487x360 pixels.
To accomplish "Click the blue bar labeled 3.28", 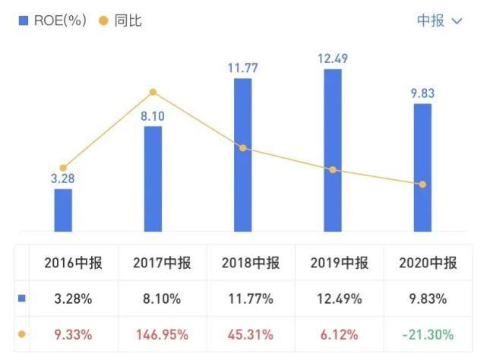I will pyautogui.click(x=63, y=210).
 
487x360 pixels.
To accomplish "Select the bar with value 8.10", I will pyautogui.click(x=153, y=178).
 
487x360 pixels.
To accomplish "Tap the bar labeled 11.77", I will pyautogui.click(x=242, y=154).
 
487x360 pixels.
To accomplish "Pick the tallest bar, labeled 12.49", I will pyautogui.click(x=333, y=150).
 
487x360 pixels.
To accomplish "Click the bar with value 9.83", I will pyautogui.click(x=422, y=167).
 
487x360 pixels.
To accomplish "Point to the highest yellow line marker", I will pyautogui.click(x=153, y=93).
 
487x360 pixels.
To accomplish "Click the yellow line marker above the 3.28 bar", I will pyautogui.click(x=63, y=168).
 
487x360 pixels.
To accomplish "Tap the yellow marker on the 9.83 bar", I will pyautogui.click(x=422, y=185).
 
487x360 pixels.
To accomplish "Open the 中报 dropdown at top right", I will pyautogui.click(x=439, y=21).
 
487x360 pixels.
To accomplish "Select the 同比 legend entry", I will pyautogui.click(x=121, y=21).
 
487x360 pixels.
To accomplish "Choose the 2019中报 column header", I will pyautogui.click(x=340, y=264).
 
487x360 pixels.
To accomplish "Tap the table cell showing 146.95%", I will pyautogui.click(x=162, y=334).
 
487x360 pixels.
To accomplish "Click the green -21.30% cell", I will pyautogui.click(x=427, y=334).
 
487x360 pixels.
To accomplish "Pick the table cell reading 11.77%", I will pyautogui.click(x=250, y=299).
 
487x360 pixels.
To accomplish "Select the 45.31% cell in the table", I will pyautogui.click(x=250, y=334).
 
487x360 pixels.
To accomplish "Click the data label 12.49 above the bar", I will pyautogui.click(x=333, y=58).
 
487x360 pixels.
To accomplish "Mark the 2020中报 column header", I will pyautogui.click(x=428, y=264).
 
